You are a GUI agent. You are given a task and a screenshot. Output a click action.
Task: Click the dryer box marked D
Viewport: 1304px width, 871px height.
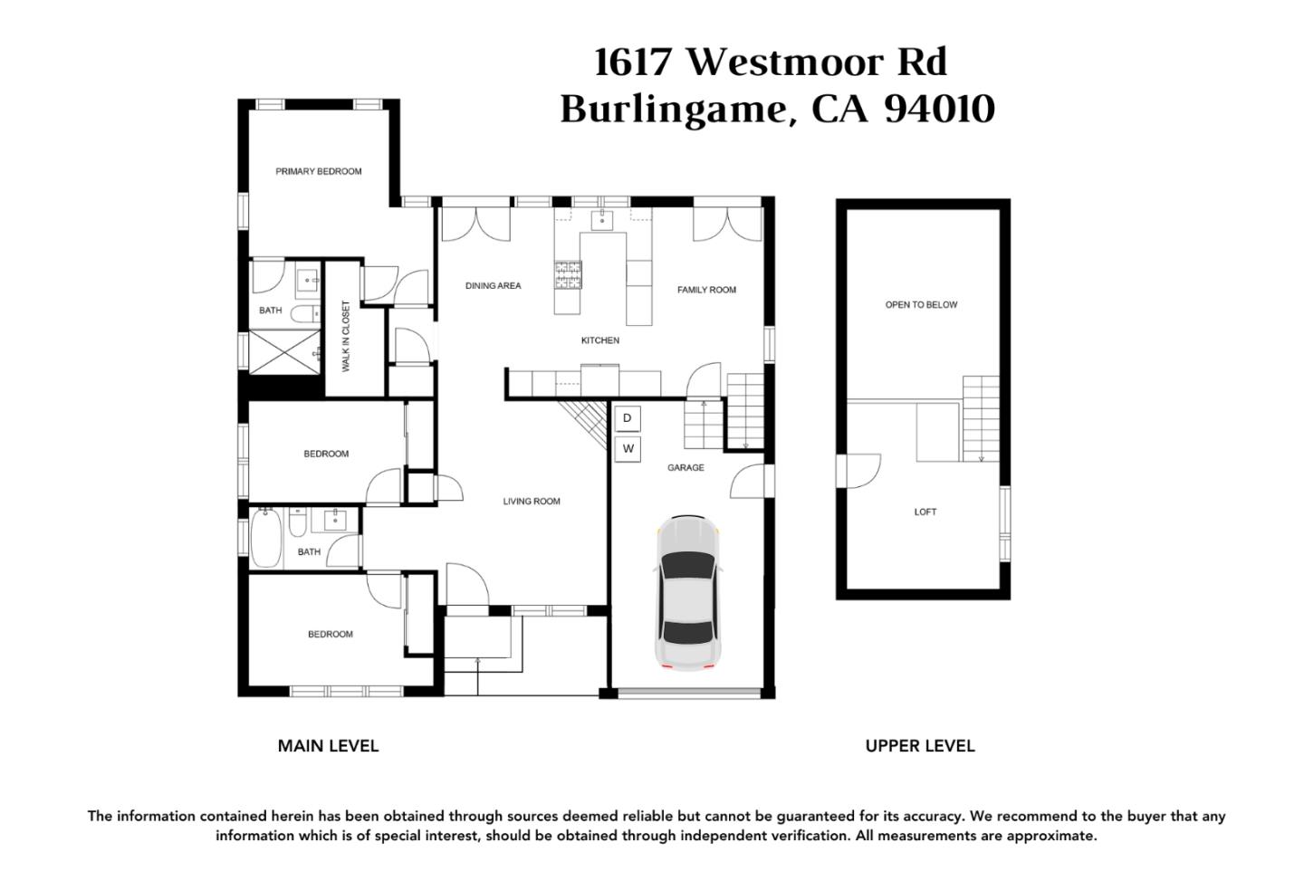[x=628, y=418]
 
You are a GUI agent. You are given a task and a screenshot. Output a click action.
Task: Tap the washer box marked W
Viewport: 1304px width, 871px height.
[x=628, y=449]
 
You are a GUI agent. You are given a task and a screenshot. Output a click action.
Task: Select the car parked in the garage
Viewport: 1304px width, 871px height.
[x=687, y=593]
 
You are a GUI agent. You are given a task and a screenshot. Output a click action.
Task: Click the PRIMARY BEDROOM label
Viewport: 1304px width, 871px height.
[x=319, y=171]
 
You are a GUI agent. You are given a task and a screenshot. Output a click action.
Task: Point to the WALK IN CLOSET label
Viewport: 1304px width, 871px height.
[x=346, y=336]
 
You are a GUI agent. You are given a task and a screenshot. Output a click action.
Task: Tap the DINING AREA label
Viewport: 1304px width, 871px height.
[x=493, y=285]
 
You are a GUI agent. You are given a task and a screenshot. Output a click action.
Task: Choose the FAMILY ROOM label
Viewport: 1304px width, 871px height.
[x=706, y=290]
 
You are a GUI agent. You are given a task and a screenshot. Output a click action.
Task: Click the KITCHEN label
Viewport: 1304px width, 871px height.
[x=600, y=340]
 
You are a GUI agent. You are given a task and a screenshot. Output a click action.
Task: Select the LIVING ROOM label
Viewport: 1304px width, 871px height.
[x=532, y=501]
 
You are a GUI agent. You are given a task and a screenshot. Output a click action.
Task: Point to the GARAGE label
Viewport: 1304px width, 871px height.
[x=686, y=467]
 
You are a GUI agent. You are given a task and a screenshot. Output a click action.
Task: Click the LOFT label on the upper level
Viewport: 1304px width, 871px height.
[x=925, y=512]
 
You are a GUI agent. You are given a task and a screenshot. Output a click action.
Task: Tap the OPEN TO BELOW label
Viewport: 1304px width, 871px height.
[x=921, y=304]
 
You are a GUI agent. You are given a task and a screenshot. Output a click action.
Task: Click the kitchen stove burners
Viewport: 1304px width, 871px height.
[x=568, y=275]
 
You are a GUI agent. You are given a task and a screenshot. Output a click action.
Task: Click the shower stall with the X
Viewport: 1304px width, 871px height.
[x=284, y=352]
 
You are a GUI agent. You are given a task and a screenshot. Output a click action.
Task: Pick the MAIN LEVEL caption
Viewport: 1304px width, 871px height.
[x=329, y=746]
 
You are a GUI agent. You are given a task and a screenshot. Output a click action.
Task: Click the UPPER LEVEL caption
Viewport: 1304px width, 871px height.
[x=920, y=746]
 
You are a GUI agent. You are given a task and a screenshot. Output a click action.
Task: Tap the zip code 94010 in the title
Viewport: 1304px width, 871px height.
[x=940, y=109]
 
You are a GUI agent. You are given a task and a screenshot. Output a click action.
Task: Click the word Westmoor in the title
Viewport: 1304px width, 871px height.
[x=785, y=62]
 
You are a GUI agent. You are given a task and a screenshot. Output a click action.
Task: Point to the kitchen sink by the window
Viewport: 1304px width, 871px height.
[x=601, y=220]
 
